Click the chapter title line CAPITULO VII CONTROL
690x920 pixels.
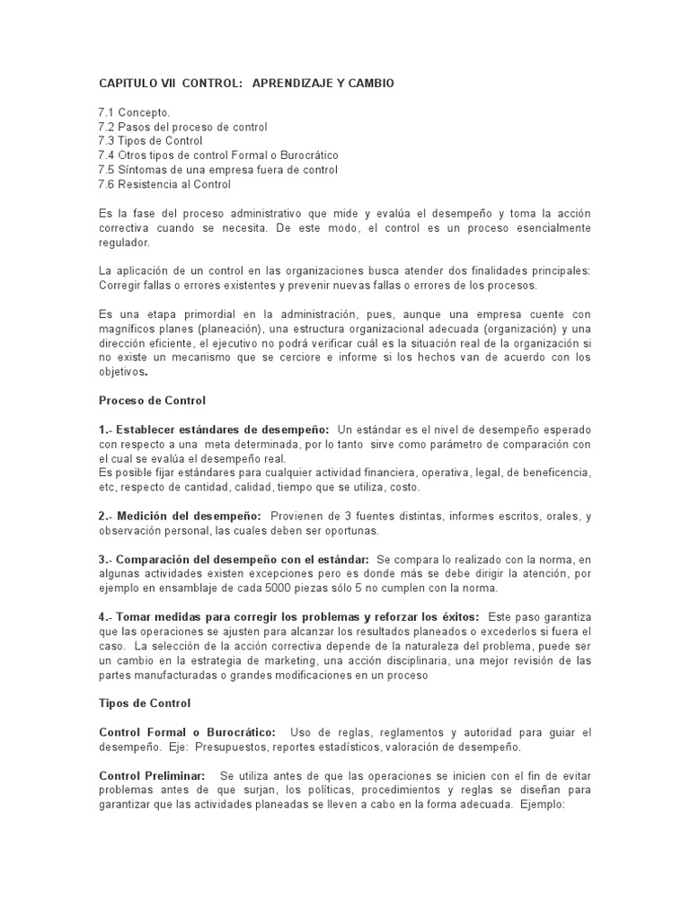coord(245,84)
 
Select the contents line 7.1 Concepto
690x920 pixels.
coord(134,112)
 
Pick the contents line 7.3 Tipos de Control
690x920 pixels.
coord(150,141)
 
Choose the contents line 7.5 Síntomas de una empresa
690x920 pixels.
coord(217,170)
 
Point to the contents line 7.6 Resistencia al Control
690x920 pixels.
coord(164,184)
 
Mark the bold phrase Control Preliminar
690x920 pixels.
coord(152,774)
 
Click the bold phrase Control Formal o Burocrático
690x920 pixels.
coord(187,731)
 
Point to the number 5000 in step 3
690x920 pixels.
coord(275,588)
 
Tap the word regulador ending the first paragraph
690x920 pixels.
coord(126,243)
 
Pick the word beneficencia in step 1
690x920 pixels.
coord(553,473)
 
